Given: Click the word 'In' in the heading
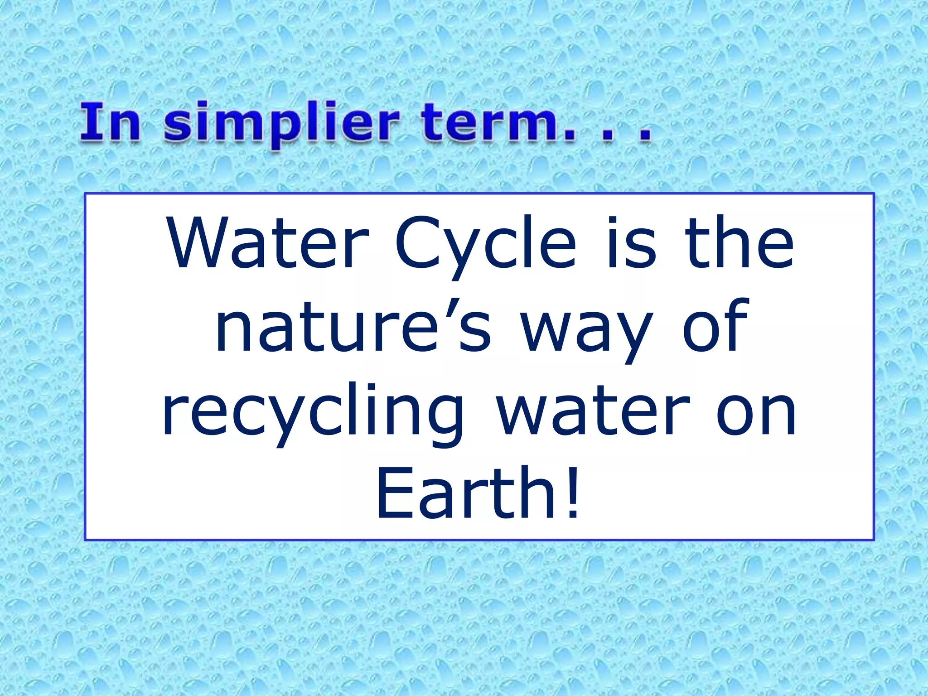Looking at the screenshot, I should click(111, 122).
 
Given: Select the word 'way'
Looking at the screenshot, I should click(587, 333).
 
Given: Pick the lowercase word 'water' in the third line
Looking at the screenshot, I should click(594, 412).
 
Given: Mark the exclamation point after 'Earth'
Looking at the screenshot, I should click(573, 494).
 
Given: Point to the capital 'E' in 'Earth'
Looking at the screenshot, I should click(394, 494).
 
